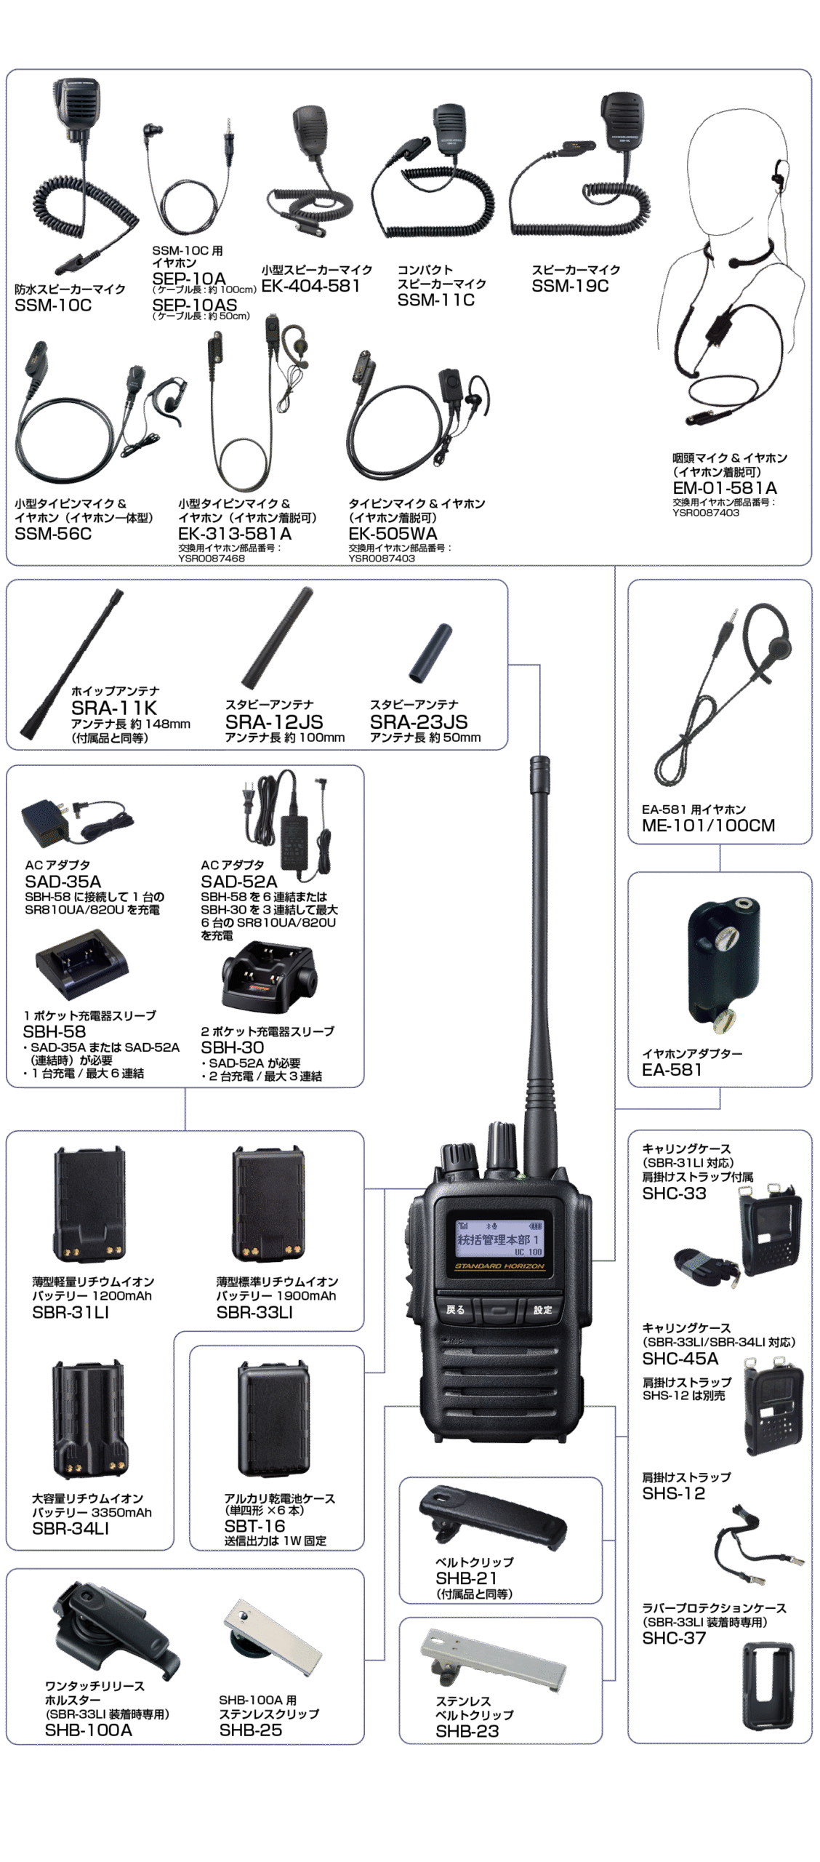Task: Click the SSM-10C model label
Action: [53, 305]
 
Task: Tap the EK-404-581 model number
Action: [311, 286]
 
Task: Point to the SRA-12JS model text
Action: [274, 722]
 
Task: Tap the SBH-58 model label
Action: [55, 1031]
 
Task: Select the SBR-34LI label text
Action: [71, 1529]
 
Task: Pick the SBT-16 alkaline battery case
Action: [269, 1418]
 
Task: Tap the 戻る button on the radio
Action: [455, 1310]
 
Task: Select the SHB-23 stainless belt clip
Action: [493, 1658]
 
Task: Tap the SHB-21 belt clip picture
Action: [492, 1516]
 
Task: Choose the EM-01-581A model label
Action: [725, 488]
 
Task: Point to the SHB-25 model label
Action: [251, 1730]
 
